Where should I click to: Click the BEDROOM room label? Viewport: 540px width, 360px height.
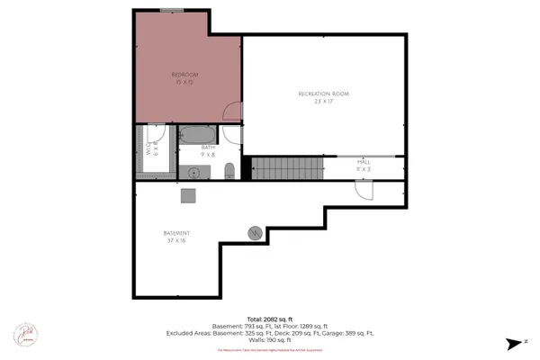coord(185,74)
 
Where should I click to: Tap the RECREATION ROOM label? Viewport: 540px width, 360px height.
coord(324,94)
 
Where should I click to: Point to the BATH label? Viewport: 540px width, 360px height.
coord(207,148)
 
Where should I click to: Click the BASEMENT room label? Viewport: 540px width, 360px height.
coord(176,233)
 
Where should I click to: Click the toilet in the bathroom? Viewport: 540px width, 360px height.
coord(229,170)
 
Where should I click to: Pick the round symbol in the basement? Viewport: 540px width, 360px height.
coord(255,232)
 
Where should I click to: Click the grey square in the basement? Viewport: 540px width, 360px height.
coord(188,194)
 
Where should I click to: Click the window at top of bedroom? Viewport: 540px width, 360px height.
coord(173,10)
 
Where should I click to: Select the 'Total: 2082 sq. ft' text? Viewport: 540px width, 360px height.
coord(269,319)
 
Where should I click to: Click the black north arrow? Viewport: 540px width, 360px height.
coord(513,343)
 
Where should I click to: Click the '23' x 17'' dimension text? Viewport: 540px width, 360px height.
coord(324,102)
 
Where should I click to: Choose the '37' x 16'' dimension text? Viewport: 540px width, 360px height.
coord(176,241)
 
